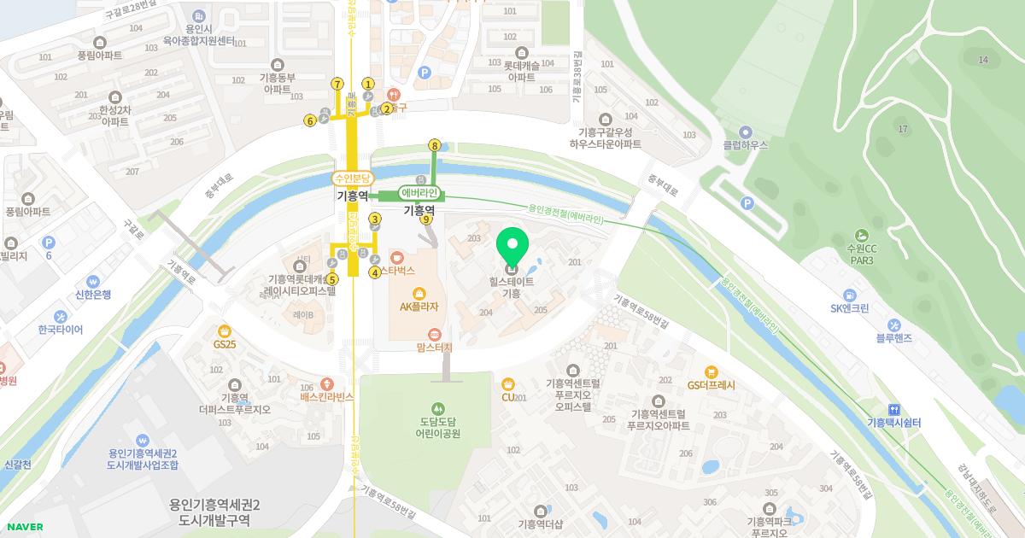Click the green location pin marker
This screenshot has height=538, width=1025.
coord(512,249)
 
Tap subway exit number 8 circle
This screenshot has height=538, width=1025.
coord(435,145)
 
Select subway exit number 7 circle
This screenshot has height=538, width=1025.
coord(337,84)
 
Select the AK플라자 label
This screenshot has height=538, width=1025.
coord(419,307)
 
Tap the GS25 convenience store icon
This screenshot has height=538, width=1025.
coord(225,330)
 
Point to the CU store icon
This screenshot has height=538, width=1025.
coord(508,383)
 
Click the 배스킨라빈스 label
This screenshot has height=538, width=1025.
coord(326,397)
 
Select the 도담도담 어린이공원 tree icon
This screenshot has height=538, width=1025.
coord(439,408)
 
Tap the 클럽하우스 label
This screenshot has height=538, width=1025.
coord(745,145)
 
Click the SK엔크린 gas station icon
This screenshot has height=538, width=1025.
coord(849,294)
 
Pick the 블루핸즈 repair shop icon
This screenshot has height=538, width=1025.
coord(893,325)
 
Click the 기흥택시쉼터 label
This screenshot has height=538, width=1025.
coord(893,423)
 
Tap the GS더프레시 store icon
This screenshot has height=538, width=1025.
coord(711,371)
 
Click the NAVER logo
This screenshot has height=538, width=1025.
coord(25,527)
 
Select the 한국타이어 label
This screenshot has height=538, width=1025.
coord(61,330)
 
